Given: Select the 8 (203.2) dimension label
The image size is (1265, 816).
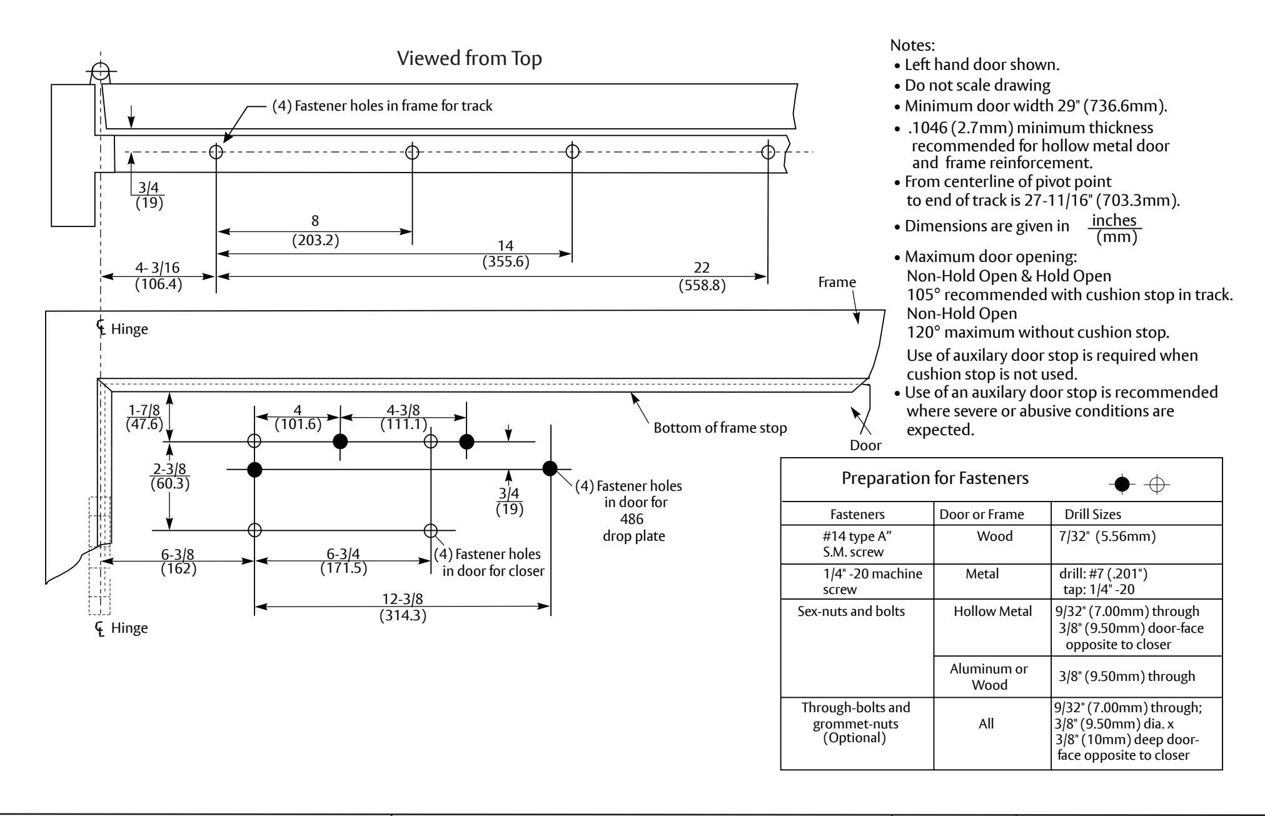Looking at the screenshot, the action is coord(315,231).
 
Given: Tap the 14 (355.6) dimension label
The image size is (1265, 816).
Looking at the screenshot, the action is coord(506,253).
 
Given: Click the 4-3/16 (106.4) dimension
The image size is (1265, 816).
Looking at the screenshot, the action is coord(158,276).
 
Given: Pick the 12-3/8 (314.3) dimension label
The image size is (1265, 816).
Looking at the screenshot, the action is coord(403,607).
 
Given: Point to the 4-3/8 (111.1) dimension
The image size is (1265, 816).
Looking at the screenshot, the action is coord(404,417).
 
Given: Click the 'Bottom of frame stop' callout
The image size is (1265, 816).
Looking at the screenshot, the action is coord(720,428).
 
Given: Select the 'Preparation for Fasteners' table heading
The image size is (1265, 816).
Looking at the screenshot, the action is coord(935,479).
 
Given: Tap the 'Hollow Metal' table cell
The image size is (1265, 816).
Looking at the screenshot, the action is coord(992,612).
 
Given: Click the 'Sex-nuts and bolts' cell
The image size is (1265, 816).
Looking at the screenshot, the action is coord(857,612).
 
